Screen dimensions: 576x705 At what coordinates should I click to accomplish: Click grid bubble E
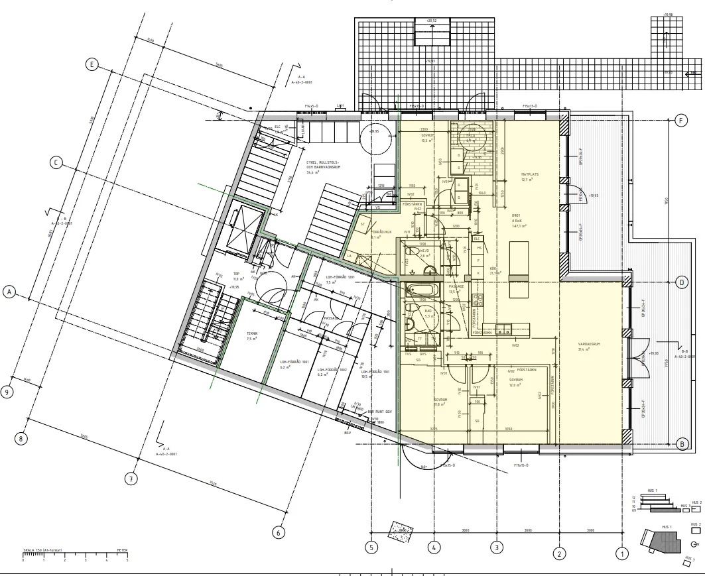(93, 64)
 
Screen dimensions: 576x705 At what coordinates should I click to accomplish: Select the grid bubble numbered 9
(7, 392)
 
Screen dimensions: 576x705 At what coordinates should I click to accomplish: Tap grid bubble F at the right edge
(680, 121)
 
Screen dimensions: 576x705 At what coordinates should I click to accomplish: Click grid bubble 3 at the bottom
(496, 547)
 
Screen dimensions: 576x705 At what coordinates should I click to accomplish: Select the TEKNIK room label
(251, 335)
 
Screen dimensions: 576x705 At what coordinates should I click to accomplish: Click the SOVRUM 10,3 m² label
(426, 137)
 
